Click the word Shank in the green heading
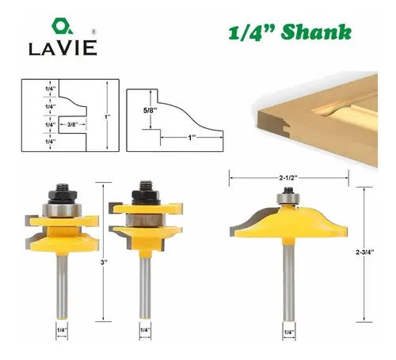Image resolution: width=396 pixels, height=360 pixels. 316,32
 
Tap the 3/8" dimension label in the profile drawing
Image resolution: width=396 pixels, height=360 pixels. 71,124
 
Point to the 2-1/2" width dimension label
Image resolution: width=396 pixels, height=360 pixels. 288,178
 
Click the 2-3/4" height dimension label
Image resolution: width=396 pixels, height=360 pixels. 365,252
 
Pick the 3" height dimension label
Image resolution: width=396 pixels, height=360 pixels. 104,262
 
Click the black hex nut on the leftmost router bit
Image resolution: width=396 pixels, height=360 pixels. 63,195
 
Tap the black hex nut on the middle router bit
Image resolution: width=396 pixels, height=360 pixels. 146,194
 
